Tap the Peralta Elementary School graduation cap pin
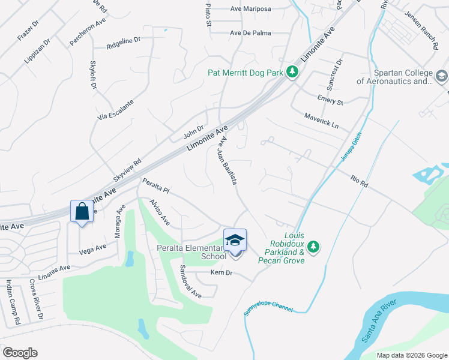click(235, 241)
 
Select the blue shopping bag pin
click(82, 211)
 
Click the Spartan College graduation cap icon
click(441, 76)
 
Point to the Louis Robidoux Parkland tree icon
click(312, 246)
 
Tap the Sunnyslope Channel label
click(268, 309)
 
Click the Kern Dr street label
click(221, 273)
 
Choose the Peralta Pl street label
click(156, 186)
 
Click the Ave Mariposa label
click(250, 9)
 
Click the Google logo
click(20, 353)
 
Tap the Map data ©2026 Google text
click(411, 355)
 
